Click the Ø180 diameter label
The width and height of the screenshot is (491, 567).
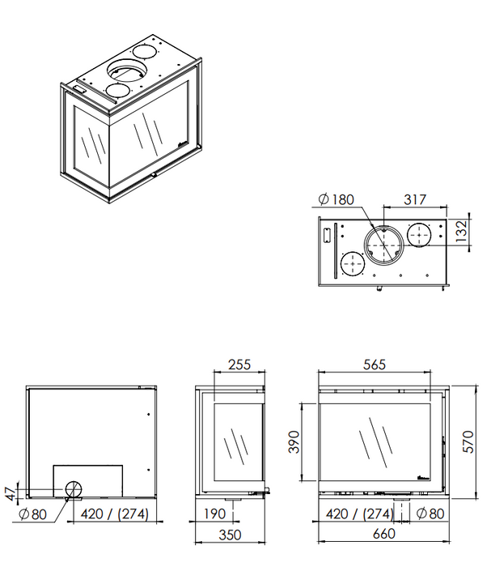point(337,199)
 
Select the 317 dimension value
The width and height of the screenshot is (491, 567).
point(415,199)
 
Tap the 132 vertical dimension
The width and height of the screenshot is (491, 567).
point(461,232)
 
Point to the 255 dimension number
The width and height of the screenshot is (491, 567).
point(239,364)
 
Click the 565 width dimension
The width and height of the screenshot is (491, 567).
point(375,364)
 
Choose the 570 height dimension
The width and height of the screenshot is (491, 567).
point(468,441)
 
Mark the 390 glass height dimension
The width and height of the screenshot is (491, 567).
point(294,442)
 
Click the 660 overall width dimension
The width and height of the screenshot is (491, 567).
point(383,534)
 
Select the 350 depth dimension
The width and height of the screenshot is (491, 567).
point(230,535)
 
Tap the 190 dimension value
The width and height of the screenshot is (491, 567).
point(215,514)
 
